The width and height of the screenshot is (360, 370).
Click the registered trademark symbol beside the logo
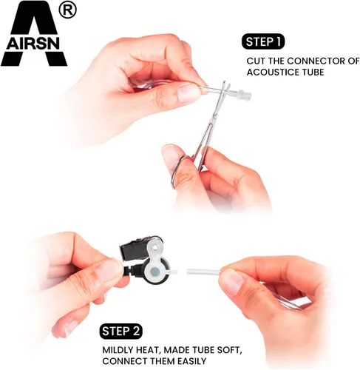point(68,10)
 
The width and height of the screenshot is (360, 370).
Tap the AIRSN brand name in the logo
point(33,44)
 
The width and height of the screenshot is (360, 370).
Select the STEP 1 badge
point(263,42)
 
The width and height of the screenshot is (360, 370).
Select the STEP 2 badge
point(121,332)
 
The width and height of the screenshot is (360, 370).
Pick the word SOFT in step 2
point(228,350)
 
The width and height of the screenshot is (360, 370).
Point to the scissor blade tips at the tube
point(226,86)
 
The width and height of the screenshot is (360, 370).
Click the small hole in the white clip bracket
point(154,246)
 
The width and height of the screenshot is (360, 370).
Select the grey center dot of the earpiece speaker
point(155,272)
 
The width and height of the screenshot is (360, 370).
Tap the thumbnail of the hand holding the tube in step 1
point(189,93)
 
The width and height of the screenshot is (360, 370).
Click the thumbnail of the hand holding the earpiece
point(109,271)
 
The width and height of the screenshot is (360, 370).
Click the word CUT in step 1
point(256,61)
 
